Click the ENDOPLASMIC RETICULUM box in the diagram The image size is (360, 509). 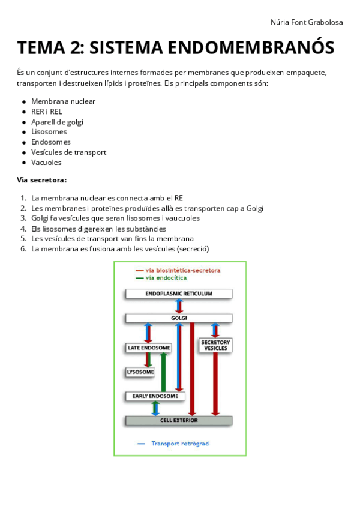pyautogui.click(x=179, y=294)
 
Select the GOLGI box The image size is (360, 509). pyautogui.click(x=179, y=318)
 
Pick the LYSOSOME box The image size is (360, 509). pyautogui.click(x=140, y=372)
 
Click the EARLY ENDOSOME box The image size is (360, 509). pyautogui.click(x=155, y=396)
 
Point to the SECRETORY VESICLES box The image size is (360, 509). pyautogui.click(x=215, y=345)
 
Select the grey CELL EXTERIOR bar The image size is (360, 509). pyautogui.click(x=179, y=420)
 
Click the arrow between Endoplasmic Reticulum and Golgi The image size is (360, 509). pyautogui.click(x=179, y=306)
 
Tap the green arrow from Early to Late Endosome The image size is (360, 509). pyautogui.click(x=163, y=372)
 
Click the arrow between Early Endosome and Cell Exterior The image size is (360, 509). pyautogui.click(x=155, y=408)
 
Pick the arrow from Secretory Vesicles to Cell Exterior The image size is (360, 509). pyautogui.click(x=215, y=384)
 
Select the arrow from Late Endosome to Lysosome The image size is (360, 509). pyautogui.click(x=148, y=360)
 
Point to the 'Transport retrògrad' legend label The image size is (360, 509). pyautogui.click(x=180, y=444)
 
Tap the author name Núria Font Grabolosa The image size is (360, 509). pyautogui.click(x=307, y=22)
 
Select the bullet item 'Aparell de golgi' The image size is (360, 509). pyautogui.click(x=57, y=122)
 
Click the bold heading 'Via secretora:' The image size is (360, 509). pyautogui.click(x=41, y=180)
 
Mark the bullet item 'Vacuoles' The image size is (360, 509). pyautogui.click(x=46, y=163)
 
